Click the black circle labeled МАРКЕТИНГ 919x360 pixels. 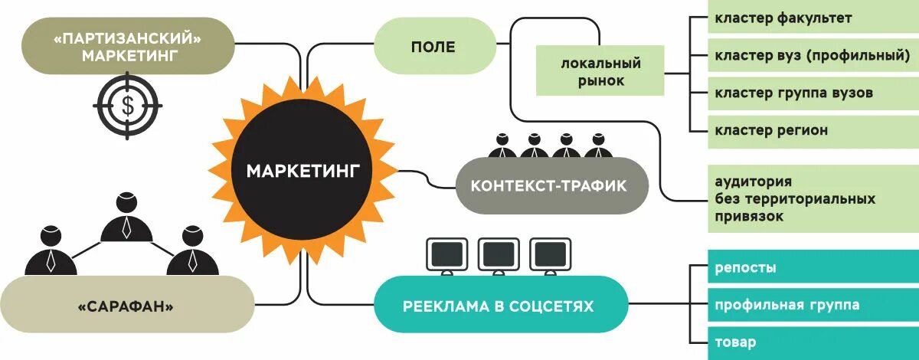pyautogui.click(x=302, y=170)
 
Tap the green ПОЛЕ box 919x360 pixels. pyautogui.click(x=433, y=47)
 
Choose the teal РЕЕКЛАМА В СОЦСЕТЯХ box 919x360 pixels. pyautogui.click(x=498, y=306)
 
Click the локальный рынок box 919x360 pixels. pyautogui.click(x=600, y=71)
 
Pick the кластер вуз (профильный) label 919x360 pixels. pyautogui.click(x=812, y=55)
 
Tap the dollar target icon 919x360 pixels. pyautogui.click(x=128, y=106)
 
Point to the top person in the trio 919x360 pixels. pyautogui.click(x=127, y=218)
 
